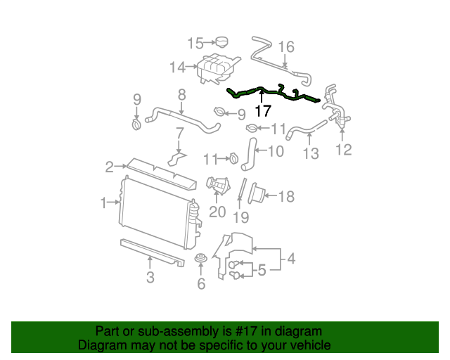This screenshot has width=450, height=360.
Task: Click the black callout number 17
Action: (x=262, y=111)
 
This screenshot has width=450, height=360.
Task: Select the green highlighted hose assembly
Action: (x=274, y=92)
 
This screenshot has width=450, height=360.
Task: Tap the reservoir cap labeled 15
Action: (x=224, y=43)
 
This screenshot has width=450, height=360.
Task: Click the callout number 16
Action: (x=285, y=47)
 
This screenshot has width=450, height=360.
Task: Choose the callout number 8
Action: (x=181, y=94)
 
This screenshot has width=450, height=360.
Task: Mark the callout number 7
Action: (x=179, y=133)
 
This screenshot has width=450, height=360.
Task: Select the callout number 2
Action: (x=109, y=167)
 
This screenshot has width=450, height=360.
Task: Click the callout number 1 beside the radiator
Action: (x=104, y=203)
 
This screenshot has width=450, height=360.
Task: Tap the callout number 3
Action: (x=150, y=278)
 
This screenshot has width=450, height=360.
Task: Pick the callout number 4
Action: (x=290, y=259)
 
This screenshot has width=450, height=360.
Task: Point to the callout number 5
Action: (x=261, y=270)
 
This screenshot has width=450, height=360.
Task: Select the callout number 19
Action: (x=241, y=217)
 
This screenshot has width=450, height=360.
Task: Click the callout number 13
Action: (x=310, y=152)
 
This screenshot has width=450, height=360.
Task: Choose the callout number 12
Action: (x=343, y=149)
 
